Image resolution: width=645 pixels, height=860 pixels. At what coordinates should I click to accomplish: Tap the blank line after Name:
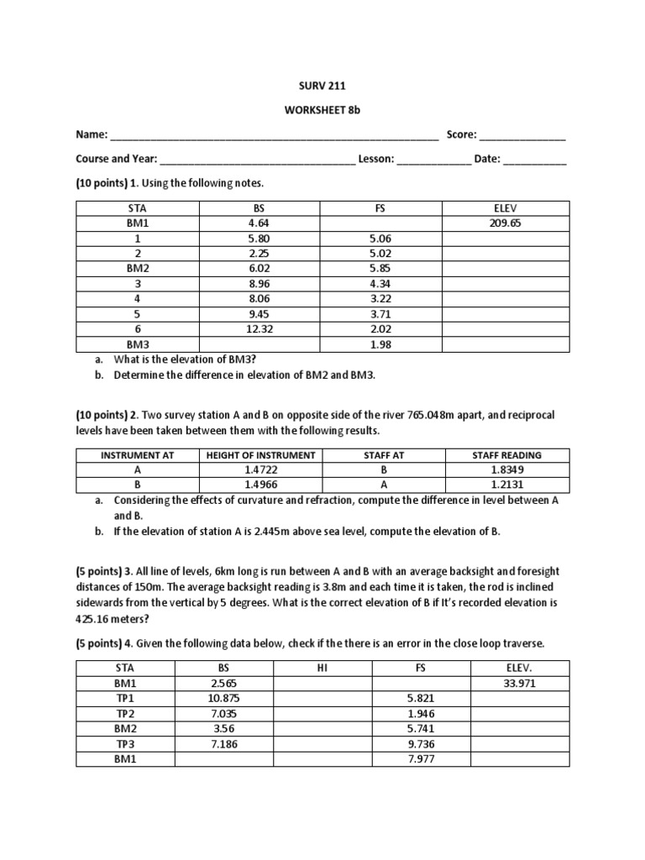(x=274, y=135)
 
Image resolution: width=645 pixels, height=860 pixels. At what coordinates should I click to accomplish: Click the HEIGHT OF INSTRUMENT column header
(x=260, y=455)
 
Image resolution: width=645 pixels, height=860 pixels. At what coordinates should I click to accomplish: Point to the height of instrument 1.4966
(x=260, y=485)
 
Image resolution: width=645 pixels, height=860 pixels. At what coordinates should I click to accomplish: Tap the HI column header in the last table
(x=322, y=669)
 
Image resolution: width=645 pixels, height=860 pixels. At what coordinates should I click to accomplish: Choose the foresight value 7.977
(x=420, y=759)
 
